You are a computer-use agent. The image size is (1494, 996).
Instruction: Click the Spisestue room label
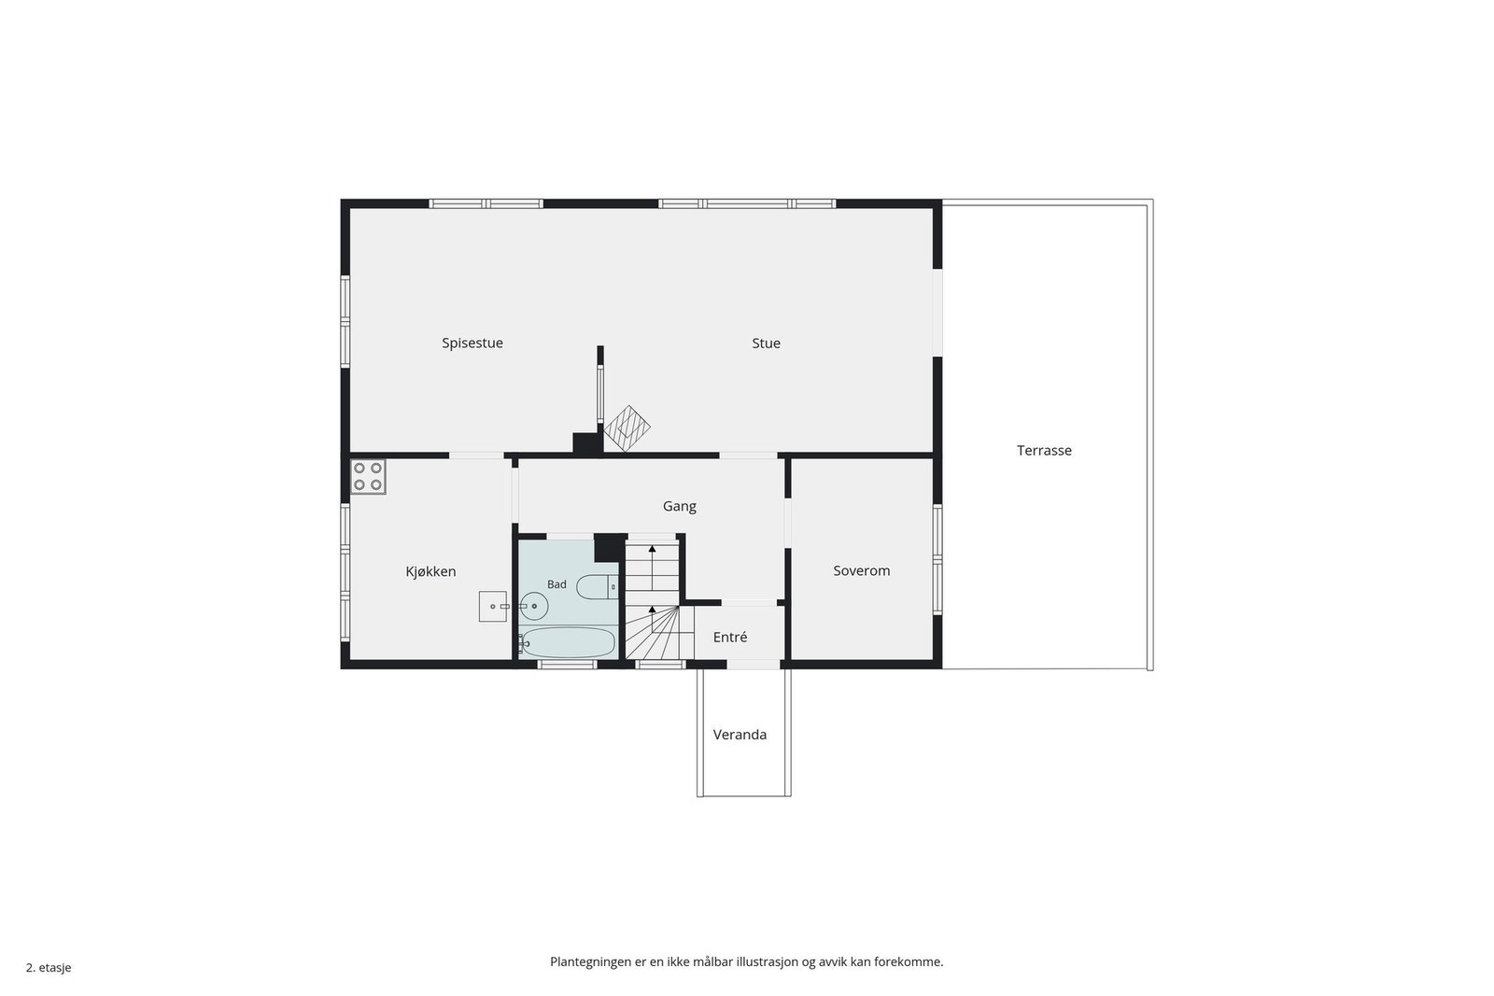coord(472,344)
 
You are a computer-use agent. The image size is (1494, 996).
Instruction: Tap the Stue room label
coord(766,344)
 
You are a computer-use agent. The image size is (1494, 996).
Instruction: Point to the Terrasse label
coord(1044,451)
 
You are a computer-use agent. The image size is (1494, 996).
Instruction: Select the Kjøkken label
coord(430,571)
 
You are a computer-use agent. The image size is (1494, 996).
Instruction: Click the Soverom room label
coord(861,570)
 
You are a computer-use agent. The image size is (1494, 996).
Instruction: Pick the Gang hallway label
coord(679,507)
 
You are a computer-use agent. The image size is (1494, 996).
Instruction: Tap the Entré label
coord(729,638)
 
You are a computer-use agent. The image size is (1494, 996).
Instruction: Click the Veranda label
coord(740,735)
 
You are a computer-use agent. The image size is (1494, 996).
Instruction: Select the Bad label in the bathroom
coord(557,584)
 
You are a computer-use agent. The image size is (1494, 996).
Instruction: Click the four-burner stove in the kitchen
coord(368,477)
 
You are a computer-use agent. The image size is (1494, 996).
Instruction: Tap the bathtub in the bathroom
coord(568,642)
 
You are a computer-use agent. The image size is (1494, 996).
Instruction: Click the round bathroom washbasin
coord(533,606)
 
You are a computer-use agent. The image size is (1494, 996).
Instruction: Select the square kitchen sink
coord(492,607)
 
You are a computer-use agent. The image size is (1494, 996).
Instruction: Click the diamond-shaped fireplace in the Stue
coord(627,428)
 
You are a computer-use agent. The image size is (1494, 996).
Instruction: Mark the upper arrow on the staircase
coord(653,568)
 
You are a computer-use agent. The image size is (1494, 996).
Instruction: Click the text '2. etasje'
coord(49,968)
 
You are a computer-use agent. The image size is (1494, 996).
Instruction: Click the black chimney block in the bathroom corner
coord(610,548)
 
